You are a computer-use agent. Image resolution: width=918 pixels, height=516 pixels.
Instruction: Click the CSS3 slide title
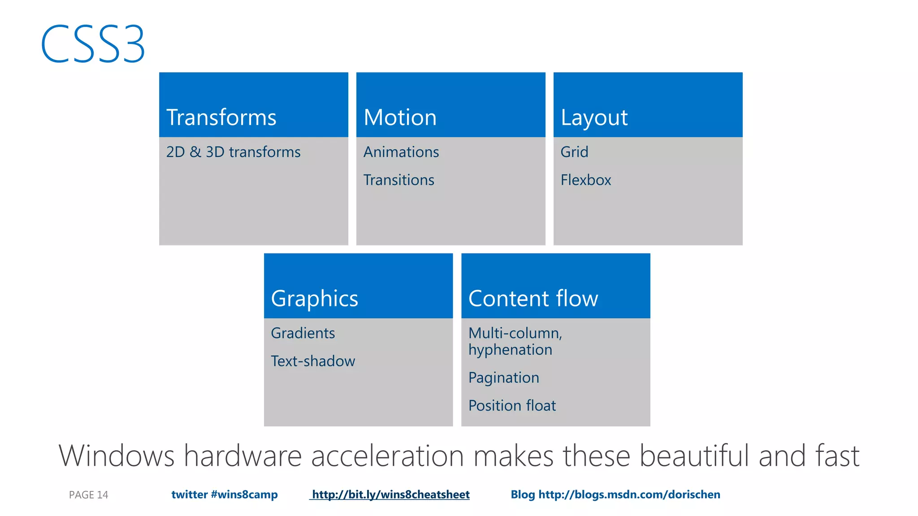coord(93,44)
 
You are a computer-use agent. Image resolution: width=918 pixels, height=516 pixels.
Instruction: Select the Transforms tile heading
coord(221,118)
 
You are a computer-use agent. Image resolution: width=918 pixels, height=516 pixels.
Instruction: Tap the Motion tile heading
coord(400,118)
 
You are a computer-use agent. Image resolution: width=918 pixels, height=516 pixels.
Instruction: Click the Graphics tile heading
coord(314,299)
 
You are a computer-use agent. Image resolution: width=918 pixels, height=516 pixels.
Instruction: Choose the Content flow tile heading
coord(533,299)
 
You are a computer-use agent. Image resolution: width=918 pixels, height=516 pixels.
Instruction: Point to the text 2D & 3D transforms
coord(233,152)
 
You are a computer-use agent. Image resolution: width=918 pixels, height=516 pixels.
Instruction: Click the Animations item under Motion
coord(401,152)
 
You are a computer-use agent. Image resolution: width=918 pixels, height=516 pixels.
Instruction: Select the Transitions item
coord(398,180)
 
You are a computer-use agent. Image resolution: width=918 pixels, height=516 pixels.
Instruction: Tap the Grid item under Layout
coord(574,152)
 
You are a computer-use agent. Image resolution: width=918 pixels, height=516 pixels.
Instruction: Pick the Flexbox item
coord(585,180)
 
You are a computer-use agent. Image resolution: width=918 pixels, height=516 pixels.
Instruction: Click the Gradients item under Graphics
coord(303,333)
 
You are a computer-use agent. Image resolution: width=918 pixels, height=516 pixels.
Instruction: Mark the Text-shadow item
coord(313,361)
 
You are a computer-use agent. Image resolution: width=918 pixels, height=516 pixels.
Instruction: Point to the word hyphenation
coord(510,350)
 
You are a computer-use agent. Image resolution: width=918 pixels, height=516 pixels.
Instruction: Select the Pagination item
coord(503,378)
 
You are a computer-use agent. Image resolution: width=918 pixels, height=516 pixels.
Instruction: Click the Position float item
coord(512,406)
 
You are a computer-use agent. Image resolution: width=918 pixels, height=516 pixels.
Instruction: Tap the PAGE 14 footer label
coord(88,495)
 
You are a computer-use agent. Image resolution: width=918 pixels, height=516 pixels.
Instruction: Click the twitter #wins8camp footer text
coord(224,494)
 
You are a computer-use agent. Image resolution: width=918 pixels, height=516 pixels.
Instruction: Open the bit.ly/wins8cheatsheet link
coord(390,494)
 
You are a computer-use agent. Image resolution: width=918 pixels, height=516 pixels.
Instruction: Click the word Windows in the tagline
coord(116,456)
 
